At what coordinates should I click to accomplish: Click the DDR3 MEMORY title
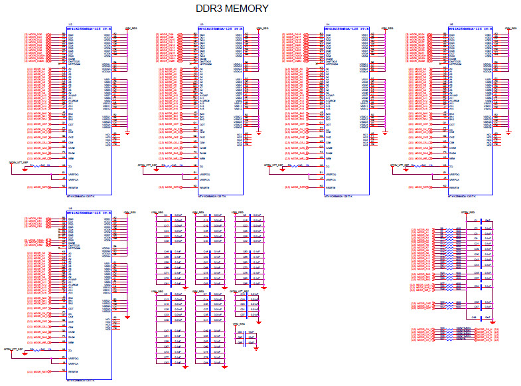pyautogui.click(x=232, y=9)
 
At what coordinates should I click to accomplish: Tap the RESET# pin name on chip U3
pyautogui.click(x=205, y=187)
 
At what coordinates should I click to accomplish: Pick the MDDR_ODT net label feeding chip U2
pyautogui.click(x=39, y=124)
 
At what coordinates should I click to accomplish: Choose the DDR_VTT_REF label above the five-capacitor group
pyautogui.click(x=239, y=291)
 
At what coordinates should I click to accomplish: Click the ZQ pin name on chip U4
pyautogui.click(x=330, y=165)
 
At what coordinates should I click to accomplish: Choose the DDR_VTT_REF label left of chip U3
pyautogui.click(x=147, y=163)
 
